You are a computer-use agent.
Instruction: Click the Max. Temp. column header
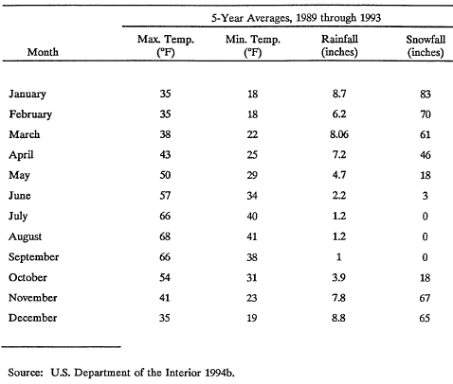click(166, 45)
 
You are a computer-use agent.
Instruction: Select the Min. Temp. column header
click(253, 45)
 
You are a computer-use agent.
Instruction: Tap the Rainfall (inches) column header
click(339, 45)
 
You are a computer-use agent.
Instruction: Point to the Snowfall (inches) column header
click(426, 45)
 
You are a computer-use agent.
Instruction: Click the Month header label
click(43, 52)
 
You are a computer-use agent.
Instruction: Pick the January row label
click(27, 94)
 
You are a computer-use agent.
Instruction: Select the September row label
click(34, 257)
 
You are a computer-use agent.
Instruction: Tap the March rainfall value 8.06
click(339, 134)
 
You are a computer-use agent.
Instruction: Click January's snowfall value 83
click(426, 94)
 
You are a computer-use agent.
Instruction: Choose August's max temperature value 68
click(165, 236)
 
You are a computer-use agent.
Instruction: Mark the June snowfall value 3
click(426, 196)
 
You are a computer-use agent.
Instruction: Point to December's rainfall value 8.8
click(338, 318)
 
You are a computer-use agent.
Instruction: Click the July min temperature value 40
click(252, 217)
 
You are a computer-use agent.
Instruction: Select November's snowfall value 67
click(425, 298)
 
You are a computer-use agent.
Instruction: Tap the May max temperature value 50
click(165, 175)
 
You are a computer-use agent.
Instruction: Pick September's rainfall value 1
click(338, 257)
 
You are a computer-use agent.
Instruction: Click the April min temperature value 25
click(252, 155)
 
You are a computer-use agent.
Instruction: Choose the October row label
click(27, 277)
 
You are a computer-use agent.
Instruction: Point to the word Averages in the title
click(268, 18)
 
